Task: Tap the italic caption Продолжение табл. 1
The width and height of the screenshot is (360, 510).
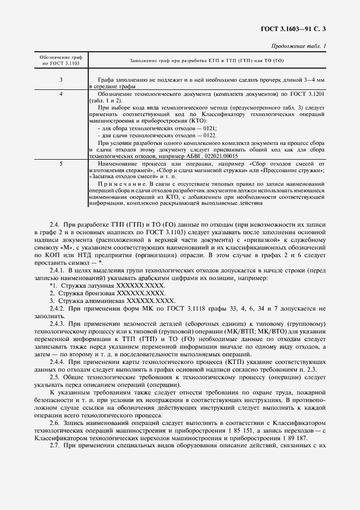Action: tap(298, 46)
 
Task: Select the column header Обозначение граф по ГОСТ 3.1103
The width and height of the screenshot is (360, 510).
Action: tap(60, 60)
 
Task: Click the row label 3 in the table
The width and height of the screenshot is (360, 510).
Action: tap(60, 80)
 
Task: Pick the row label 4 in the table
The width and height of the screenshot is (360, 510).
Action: tap(60, 94)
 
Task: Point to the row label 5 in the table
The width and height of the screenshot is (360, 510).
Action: tap(60, 163)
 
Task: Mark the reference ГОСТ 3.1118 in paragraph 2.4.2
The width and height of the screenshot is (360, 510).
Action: tap(177, 308)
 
